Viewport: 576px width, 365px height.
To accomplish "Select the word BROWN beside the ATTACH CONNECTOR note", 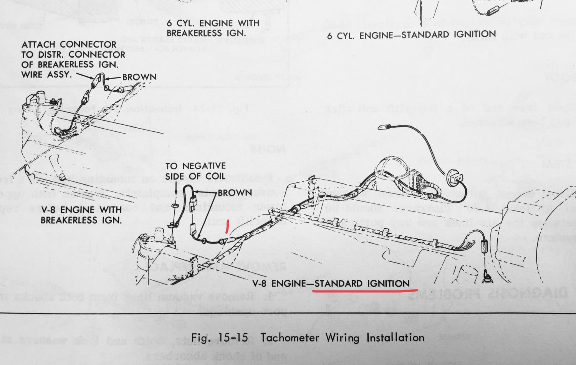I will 139,77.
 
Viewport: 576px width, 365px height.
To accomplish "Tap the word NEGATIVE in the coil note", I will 204,166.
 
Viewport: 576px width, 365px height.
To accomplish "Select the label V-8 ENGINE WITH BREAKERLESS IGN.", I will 81,215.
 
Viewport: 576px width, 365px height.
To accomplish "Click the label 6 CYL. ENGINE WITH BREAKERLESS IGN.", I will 213,28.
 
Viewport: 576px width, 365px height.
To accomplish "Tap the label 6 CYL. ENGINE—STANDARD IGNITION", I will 411,35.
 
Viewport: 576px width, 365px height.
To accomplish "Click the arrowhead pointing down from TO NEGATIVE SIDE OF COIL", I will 175,193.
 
